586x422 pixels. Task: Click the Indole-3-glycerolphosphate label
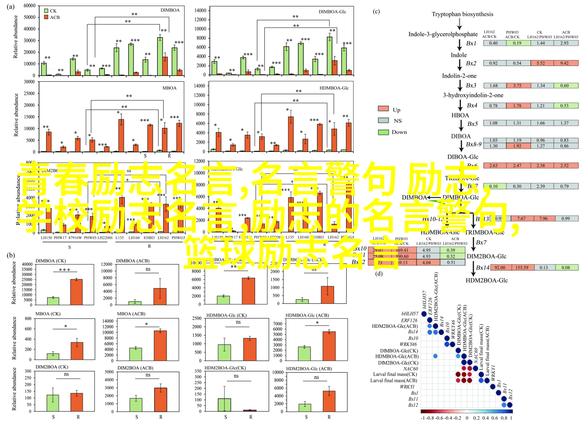[x=443, y=34]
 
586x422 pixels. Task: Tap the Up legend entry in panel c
[x=383, y=109]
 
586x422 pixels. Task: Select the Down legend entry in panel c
[x=383, y=132]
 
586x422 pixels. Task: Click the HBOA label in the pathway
[x=459, y=115]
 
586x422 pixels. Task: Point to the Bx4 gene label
[x=471, y=105]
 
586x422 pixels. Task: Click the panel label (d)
[x=379, y=273]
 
